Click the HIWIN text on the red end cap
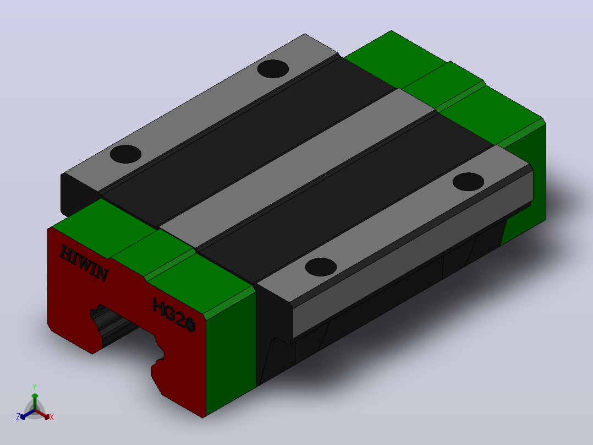point(84,263)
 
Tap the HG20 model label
point(174,314)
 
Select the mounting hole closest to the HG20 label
point(321,267)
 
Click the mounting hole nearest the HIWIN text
point(125,154)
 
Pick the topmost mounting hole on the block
point(273,69)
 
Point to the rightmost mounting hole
point(468,182)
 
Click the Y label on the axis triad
point(35,387)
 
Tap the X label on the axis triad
point(52,417)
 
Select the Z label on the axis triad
point(18,416)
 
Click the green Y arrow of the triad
point(35,401)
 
